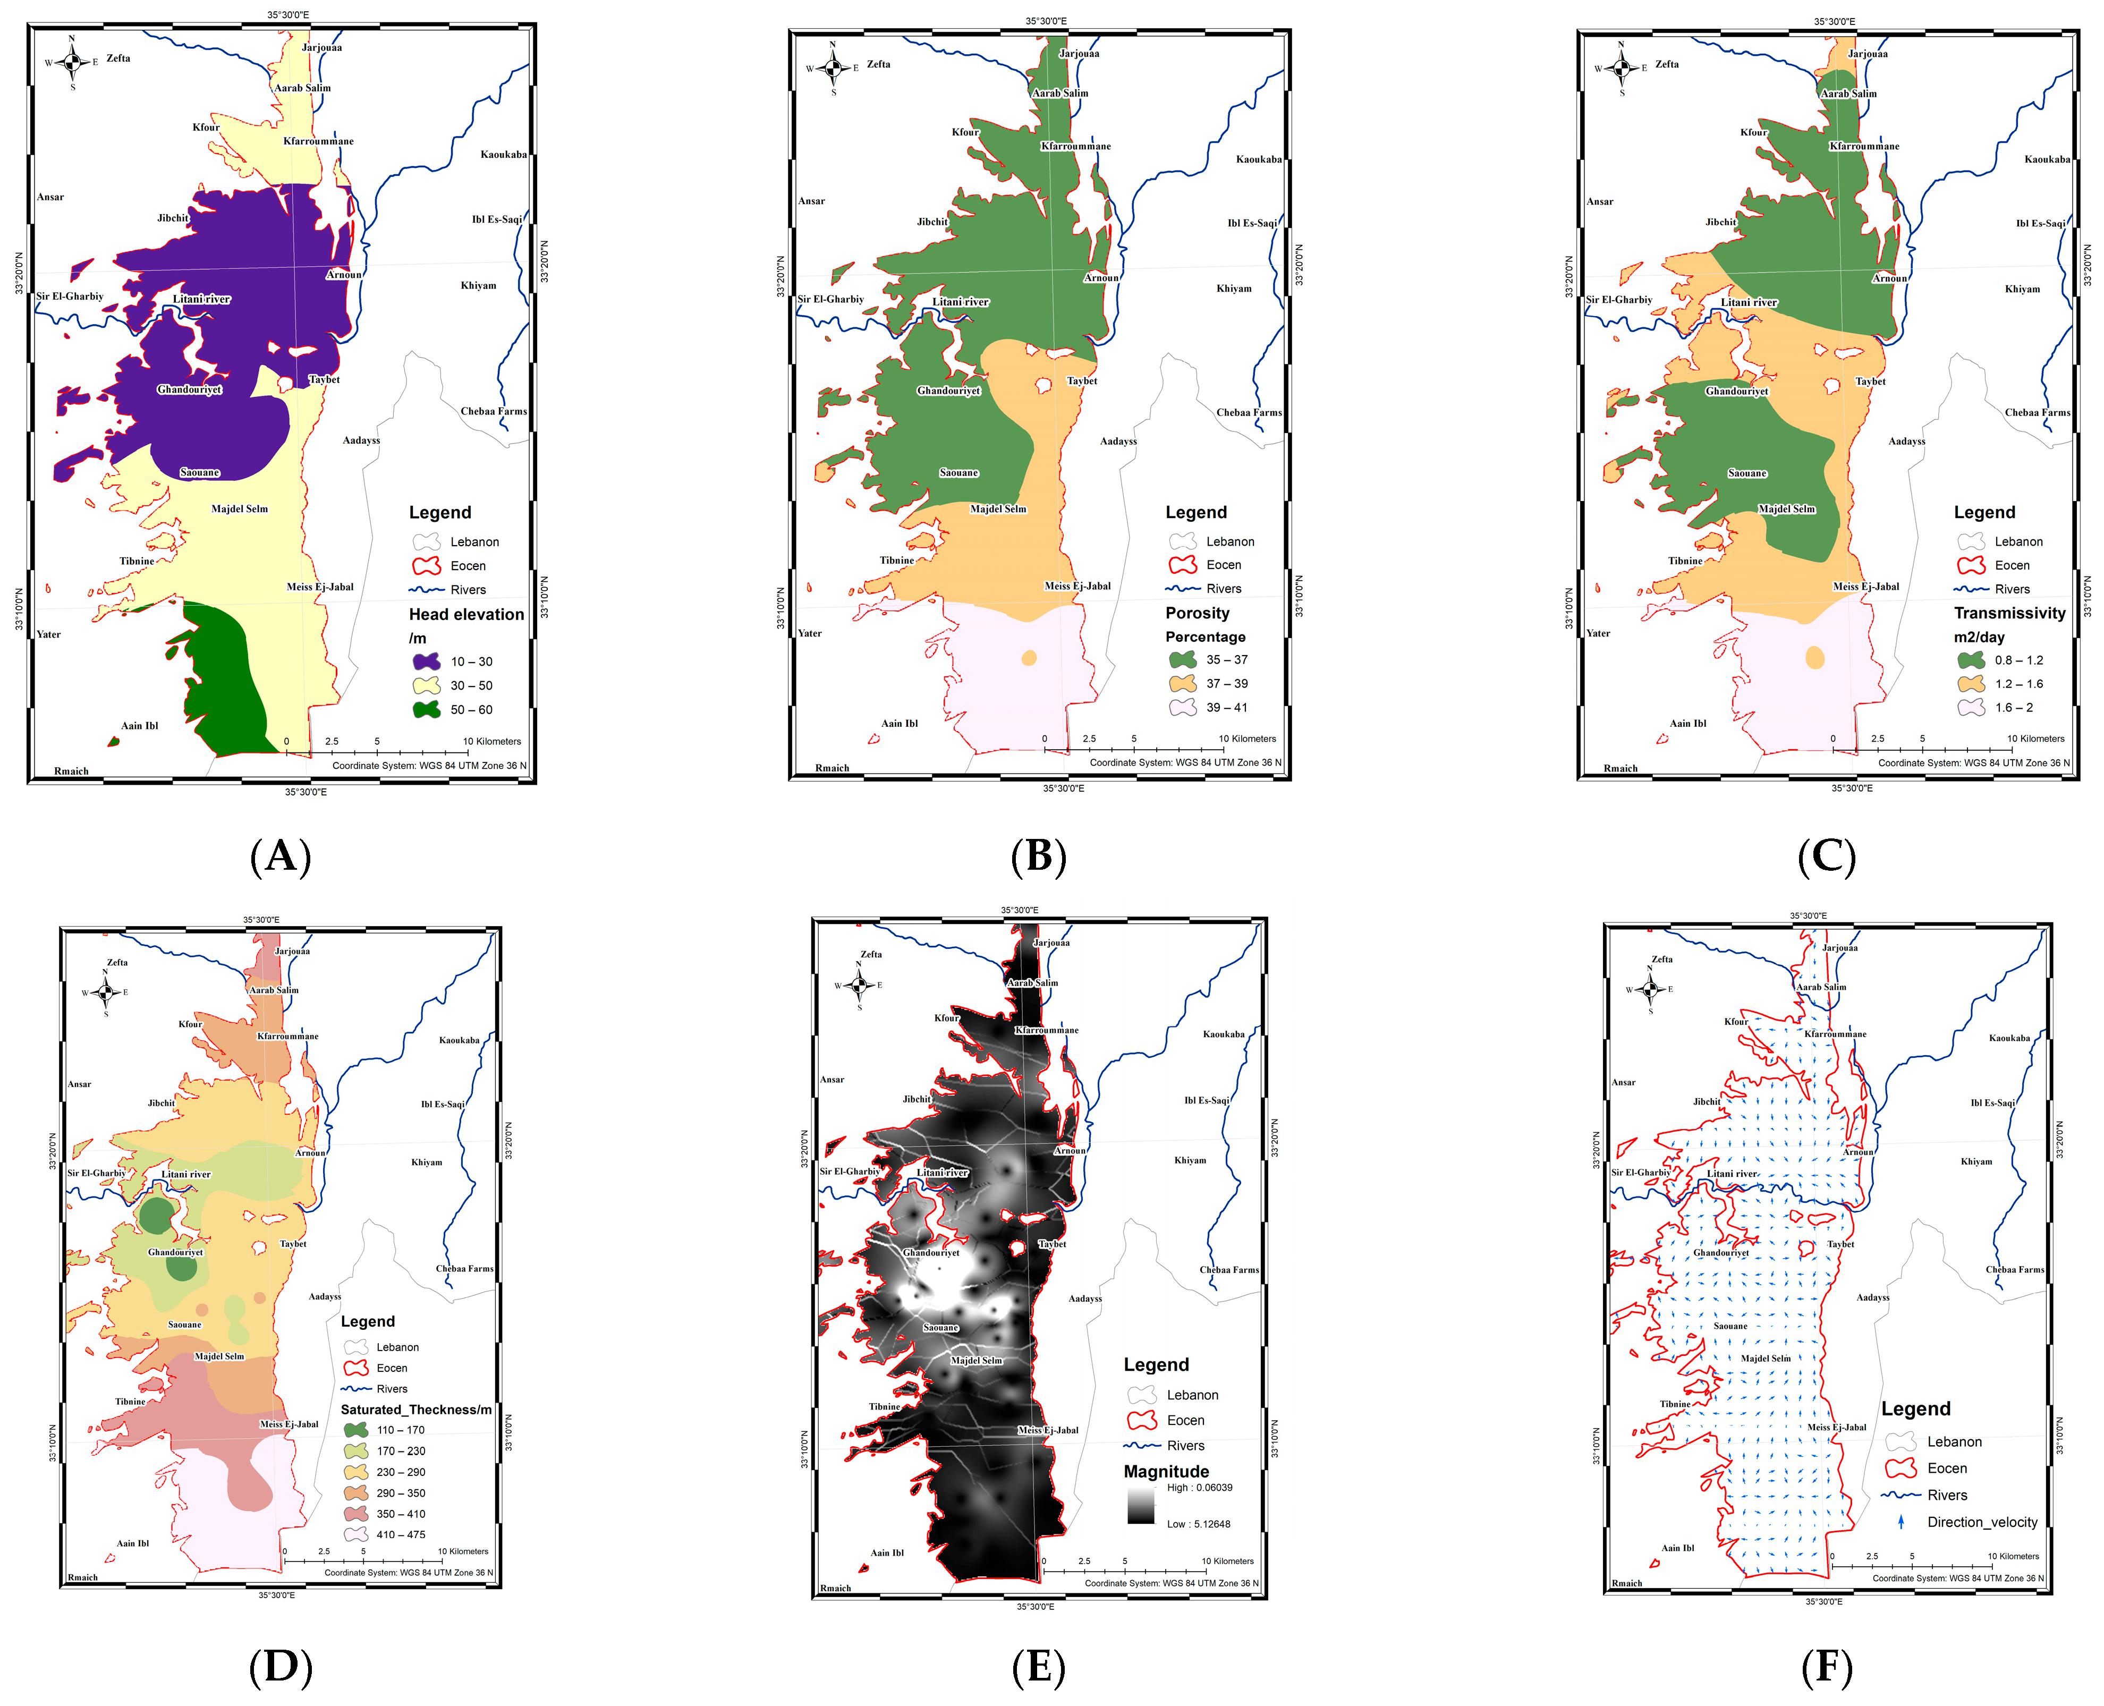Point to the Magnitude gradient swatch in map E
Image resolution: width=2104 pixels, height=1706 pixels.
click(1140, 1506)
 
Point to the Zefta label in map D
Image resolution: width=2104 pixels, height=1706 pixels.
click(117, 962)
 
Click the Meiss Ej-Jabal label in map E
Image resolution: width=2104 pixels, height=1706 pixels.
click(1048, 1430)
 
